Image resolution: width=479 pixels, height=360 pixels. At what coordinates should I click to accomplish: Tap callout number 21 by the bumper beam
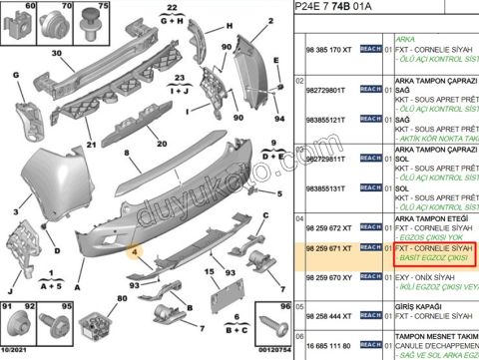pyautogui.click(x=91, y=143)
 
